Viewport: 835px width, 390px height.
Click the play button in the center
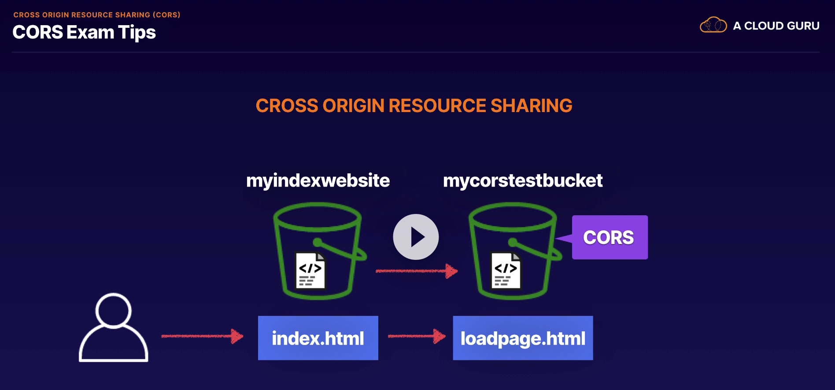tap(416, 237)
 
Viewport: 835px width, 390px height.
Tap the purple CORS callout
tap(610, 237)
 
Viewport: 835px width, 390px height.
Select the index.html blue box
tap(318, 338)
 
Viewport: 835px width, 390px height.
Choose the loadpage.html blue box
tap(523, 338)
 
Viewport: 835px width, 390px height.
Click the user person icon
tap(114, 327)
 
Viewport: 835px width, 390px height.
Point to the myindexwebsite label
tap(318, 180)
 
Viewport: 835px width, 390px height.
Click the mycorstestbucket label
tap(523, 180)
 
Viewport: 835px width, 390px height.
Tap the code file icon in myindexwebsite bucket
tap(310, 270)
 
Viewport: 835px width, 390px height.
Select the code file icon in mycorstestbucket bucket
tap(506, 270)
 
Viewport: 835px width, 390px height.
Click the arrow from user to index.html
tap(203, 336)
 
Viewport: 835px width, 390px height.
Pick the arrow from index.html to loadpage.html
tap(417, 336)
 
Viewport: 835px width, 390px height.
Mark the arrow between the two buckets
tap(417, 271)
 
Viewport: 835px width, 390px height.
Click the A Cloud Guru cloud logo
tap(713, 25)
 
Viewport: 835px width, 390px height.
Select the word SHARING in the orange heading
tap(531, 106)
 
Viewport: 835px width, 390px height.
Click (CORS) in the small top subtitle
tap(166, 15)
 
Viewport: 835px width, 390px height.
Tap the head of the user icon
tap(114, 311)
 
